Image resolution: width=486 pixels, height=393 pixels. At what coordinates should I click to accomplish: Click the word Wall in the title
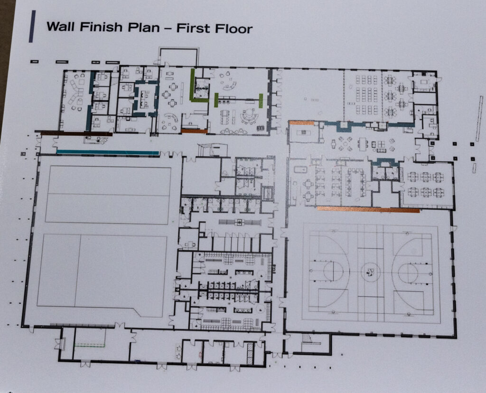pyautogui.click(x=60, y=27)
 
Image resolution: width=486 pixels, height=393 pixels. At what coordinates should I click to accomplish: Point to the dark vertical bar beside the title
pyautogui.click(x=32, y=26)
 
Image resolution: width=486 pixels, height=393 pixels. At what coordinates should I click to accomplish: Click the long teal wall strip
pyautogui.click(x=108, y=152)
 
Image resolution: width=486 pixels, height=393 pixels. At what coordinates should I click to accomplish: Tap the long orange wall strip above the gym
pyautogui.click(x=368, y=209)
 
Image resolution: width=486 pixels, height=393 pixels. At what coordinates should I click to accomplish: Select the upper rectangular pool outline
pyautogui.click(x=108, y=195)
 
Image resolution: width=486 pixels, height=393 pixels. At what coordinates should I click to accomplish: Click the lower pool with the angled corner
pyautogui.click(x=103, y=276)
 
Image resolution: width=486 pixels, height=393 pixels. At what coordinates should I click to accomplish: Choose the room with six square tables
pyautogui.click(x=425, y=185)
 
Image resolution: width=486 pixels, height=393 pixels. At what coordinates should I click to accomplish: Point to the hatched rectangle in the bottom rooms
pyautogui.click(x=250, y=354)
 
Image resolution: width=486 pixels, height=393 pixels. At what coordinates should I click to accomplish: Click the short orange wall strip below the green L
pyautogui.click(x=194, y=131)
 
